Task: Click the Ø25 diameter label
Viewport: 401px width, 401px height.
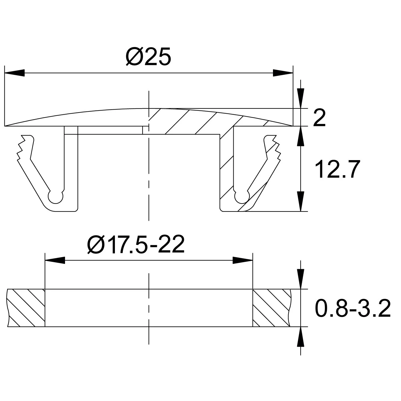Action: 148,56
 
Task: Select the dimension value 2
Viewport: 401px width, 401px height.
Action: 319,118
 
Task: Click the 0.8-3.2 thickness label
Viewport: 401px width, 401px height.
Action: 353,308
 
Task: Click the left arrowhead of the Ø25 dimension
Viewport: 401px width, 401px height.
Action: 15,73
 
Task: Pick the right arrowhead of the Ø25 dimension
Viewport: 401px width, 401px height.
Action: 283,73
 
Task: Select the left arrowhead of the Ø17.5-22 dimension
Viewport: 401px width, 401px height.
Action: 55,260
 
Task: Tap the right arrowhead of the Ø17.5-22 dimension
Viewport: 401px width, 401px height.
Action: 243,260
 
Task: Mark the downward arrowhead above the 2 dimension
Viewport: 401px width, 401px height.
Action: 300,99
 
